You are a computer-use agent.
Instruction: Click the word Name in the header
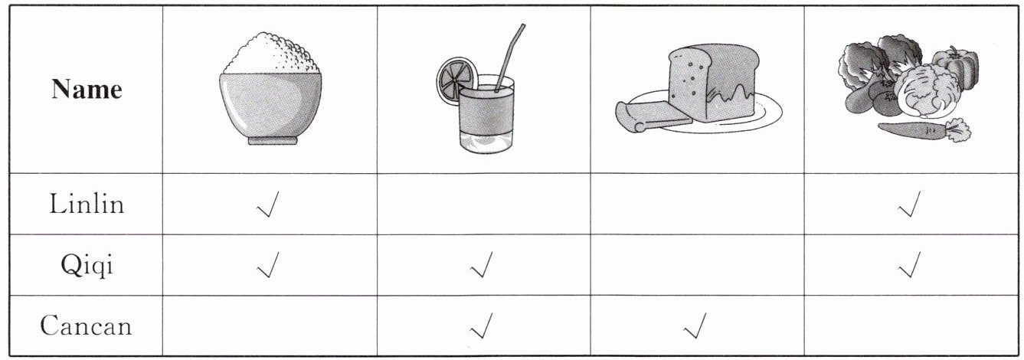coord(87,89)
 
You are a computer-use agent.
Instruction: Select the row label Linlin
coord(87,204)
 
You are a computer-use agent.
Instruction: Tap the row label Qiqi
coord(87,265)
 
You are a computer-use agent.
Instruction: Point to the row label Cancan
coord(87,326)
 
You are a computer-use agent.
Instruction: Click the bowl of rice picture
coord(270,88)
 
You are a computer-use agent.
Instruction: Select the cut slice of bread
coord(653,116)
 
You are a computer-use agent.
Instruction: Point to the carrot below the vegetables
coord(924,130)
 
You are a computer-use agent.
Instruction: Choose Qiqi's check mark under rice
coord(268,265)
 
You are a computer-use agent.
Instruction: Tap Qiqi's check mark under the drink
coord(482,265)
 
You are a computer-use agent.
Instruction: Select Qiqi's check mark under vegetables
coord(909,265)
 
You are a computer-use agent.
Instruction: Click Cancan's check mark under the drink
coord(482,326)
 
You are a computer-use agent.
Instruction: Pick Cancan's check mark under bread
coord(695,326)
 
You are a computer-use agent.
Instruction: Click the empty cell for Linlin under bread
coord(697,204)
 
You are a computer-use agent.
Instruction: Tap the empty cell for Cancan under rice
coord(270,326)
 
